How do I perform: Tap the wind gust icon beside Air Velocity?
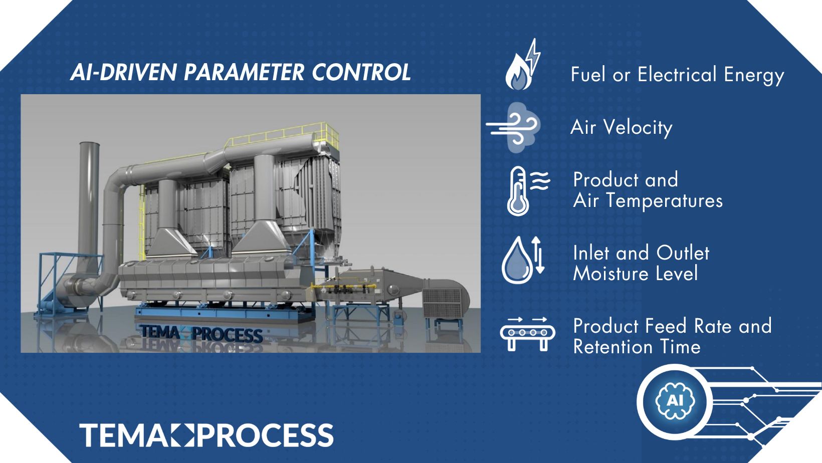click(x=513, y=128)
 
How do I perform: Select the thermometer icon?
click(x=518, y=191)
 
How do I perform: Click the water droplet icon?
click(x=517, y=261)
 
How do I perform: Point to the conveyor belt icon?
click(x=528, y=334)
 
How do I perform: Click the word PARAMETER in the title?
click(x=244, y=72)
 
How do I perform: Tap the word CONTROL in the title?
click(x=361, y=72)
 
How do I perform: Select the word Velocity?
click(x=638, y=128)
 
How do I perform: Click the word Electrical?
click(x=677, y=74)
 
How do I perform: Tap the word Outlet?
click(x=683, y=253)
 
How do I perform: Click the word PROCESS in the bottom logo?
click(x=266, y=435)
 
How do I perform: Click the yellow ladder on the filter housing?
click(x=142, y=220)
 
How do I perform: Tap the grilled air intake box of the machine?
click(x=443, y=303)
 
